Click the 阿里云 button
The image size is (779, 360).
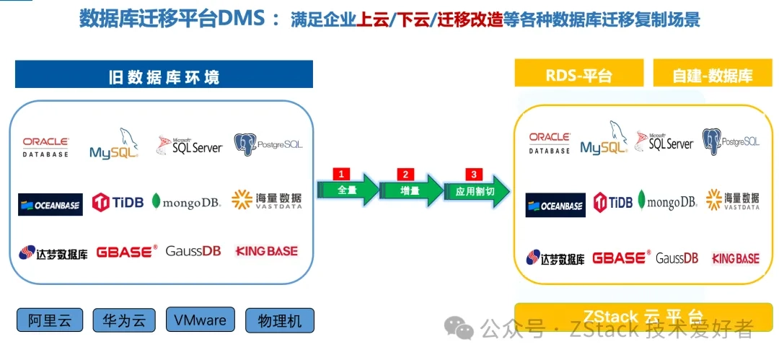tap(50, 320)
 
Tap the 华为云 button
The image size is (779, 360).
tap(124, 320)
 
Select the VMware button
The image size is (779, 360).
tap(200, 320)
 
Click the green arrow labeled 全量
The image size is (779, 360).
tap(347, 190)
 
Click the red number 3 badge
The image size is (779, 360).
tap(474, 174)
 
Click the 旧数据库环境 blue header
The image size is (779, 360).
tap(164, 76)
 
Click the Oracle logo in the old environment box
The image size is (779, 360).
tap(45, 147)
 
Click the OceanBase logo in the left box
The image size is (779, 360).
tap(50, 204)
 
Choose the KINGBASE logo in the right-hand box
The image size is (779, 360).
tap(735, 258)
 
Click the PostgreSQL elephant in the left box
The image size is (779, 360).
tap(245, 144)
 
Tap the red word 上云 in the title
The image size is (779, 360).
tap(372, 20)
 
